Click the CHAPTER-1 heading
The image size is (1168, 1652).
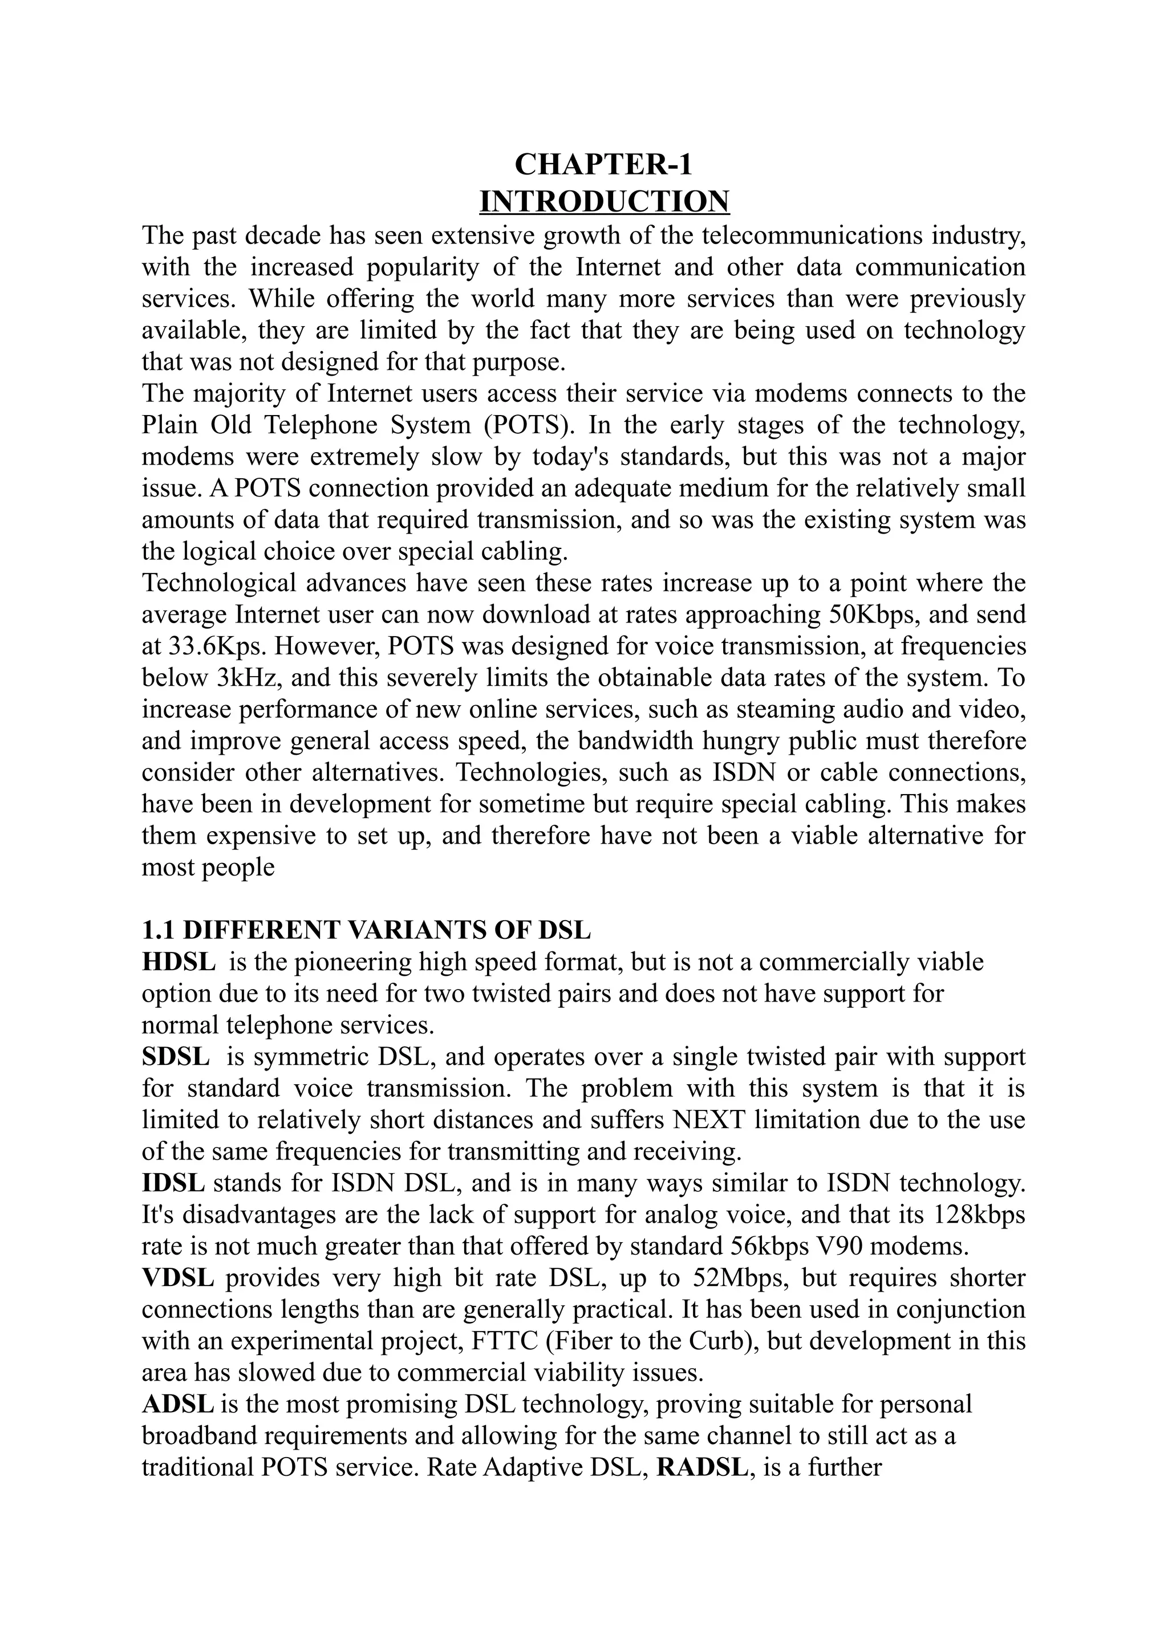tap(603, 165)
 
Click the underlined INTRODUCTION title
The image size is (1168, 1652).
tap(604, 201)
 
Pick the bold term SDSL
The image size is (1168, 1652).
tap(176, 1056)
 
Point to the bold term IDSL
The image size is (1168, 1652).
tap(173, 1183)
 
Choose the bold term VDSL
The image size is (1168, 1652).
tap(178, 1278)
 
